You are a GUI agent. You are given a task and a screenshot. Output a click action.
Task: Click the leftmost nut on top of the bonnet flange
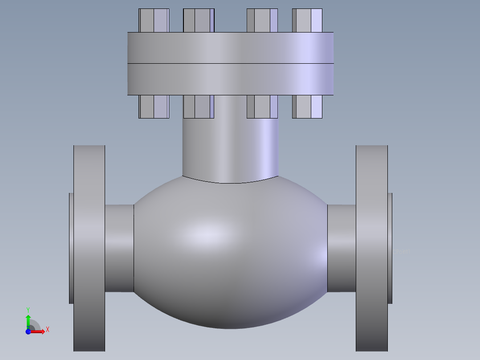pos(154,20)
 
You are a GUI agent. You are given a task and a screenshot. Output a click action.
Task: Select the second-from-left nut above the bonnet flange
pos(199,20)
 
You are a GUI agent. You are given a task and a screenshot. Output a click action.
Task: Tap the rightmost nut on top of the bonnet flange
pos(307,20)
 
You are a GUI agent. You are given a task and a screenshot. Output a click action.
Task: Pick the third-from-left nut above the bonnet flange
pos(262,20)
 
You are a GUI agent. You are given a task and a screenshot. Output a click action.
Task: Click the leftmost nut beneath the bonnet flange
pos(154,107)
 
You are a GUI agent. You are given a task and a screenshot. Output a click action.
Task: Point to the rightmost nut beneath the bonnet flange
pos(307,107)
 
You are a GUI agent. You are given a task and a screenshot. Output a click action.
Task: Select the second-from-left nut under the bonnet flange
pos(199,107)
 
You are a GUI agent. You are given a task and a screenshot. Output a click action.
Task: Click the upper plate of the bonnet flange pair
pos(230,48)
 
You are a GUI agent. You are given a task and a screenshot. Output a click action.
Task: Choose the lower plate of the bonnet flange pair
pos(230,79)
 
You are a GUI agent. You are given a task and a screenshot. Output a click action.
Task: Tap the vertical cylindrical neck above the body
pos(230,147)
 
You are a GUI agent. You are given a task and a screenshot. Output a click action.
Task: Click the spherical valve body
pos(230,254)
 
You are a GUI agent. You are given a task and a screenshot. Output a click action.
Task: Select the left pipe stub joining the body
pos(119,248)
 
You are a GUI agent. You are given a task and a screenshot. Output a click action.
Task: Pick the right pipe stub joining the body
pos(342,248)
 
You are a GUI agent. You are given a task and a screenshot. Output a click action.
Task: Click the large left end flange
pos(89,248)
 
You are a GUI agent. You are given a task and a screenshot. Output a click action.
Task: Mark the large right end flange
pos(372,248)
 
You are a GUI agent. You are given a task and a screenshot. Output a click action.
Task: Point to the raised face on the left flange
pos(71,248)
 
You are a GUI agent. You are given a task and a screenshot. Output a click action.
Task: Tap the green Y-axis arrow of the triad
pos(28,320)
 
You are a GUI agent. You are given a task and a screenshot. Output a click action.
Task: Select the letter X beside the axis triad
pos(47,330)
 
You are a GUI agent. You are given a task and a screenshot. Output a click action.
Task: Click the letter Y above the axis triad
pos(28,310)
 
